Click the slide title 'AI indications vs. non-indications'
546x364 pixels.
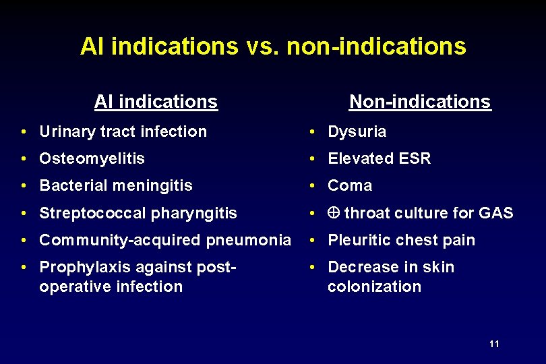273,47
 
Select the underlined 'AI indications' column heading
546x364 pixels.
156,102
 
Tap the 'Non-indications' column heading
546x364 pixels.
419,102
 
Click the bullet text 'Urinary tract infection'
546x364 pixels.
123,131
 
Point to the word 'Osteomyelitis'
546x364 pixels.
92,158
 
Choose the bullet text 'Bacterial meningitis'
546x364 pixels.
116,185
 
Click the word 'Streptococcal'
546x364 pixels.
93,213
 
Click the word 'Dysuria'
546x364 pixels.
357,131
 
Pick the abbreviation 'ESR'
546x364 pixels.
416,158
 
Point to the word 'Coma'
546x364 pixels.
350,185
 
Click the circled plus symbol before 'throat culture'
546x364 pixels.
333,214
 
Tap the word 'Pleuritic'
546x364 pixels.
358,240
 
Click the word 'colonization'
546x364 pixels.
374,286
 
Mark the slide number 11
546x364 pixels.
494,344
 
